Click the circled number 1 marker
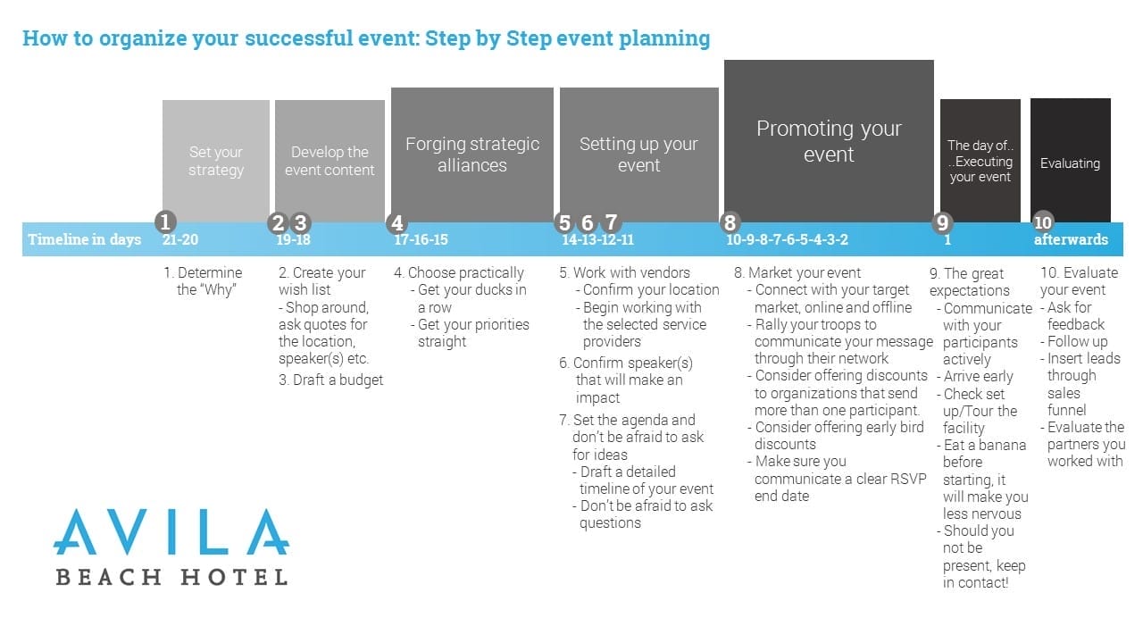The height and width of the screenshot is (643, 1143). [164, 222]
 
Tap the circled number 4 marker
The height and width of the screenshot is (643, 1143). [396, 223]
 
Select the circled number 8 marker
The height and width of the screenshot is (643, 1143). [730, 223]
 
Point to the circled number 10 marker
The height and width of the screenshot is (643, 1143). [1043, 223]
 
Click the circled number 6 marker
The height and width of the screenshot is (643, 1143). [587, 223]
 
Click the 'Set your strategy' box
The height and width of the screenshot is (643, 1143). [216, 161]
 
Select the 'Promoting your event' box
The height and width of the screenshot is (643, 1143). [829, 141]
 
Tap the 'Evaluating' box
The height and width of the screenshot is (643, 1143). [1070, 163]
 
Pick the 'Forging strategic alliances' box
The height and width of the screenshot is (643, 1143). [472, 154]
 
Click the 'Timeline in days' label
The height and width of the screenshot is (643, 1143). [84, 239]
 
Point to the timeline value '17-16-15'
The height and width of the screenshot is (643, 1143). [421, 239]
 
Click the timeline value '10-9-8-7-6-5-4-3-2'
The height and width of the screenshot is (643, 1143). [787, 239]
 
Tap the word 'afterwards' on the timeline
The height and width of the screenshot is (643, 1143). [1071, 239]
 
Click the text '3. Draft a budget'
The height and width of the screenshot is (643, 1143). [330, 380]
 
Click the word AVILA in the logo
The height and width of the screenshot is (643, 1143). [171, 532]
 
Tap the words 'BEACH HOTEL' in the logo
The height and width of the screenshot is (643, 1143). [171, 577]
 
